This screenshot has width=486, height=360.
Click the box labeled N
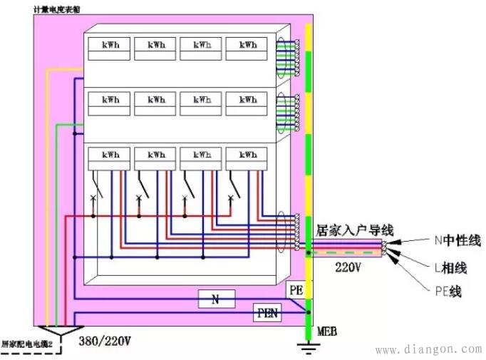[x=216, y=299]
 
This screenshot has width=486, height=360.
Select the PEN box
[x=268, y=312]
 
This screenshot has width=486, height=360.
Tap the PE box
[x=296, y=290]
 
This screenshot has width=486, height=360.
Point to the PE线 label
[x=447, y=292]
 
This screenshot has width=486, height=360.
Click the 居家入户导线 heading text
[x=354, y=230]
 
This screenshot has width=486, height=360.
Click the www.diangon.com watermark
[x=428, y=350]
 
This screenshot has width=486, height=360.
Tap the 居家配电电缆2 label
[x=29, y=344]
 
